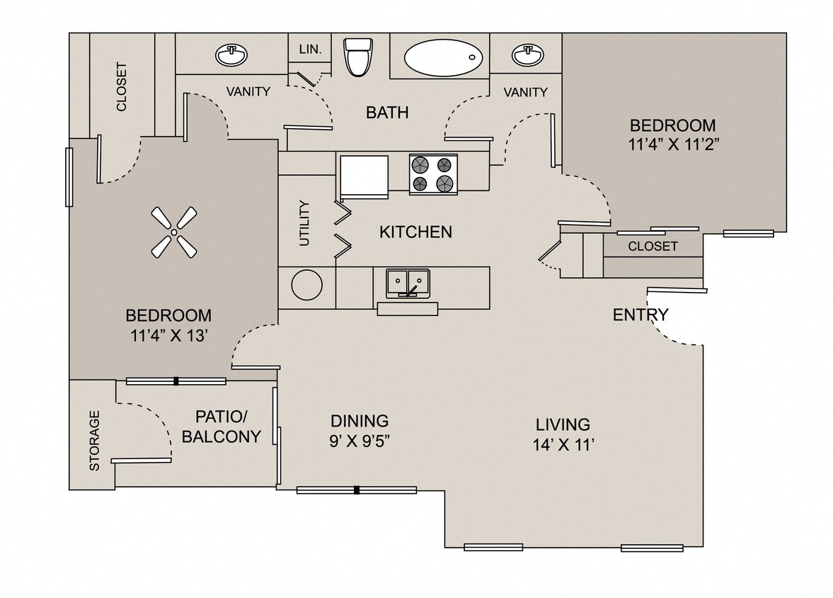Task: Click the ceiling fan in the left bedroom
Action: (x=173, y=232)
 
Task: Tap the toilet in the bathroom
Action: (x=357, y=57)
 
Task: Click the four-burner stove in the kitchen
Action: (x=433, y=174)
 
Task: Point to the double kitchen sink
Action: (x=408, y=283)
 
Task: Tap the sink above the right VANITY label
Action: (x=525, y=54)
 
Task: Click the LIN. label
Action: (x=310, y=49)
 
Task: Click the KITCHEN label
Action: (x=415, y=232)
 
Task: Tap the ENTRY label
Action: (x=640, y=315)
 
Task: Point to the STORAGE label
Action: (x=94, y=441)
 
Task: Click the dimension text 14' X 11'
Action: (x=563, y=446)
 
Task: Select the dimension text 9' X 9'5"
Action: (x=360, y=441)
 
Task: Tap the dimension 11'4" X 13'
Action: (x=168, y=336)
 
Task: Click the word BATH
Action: (x=387, y=112)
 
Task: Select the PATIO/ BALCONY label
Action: (x=221, y=427)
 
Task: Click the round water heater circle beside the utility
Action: (x=307, y=287)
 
